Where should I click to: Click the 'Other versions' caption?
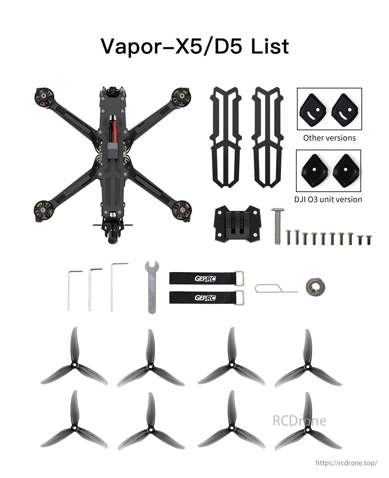point(329,138)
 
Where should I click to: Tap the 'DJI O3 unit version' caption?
point(328,199)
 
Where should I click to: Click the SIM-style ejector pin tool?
point(276,288)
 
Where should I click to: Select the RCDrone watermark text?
point(299,421)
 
